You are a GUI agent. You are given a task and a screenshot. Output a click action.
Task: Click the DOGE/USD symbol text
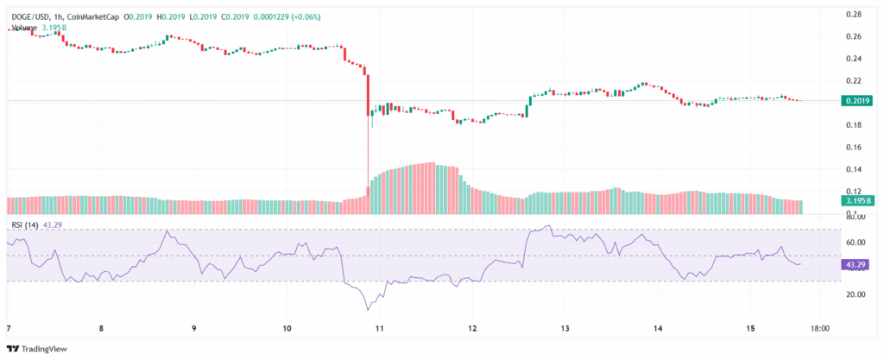[x=30, y=16]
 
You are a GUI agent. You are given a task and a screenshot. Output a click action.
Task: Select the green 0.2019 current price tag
[x=856, y=101]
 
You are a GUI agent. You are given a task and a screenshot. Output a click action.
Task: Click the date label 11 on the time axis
[x=380, y=328]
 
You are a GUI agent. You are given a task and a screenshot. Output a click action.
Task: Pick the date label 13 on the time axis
[x=565, y=328]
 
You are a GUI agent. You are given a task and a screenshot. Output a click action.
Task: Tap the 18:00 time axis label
[x=822, y=328]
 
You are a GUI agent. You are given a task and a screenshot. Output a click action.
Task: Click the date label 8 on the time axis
[x=101, y=328]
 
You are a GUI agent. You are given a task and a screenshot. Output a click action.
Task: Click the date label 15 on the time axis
[x=751, y=328]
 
